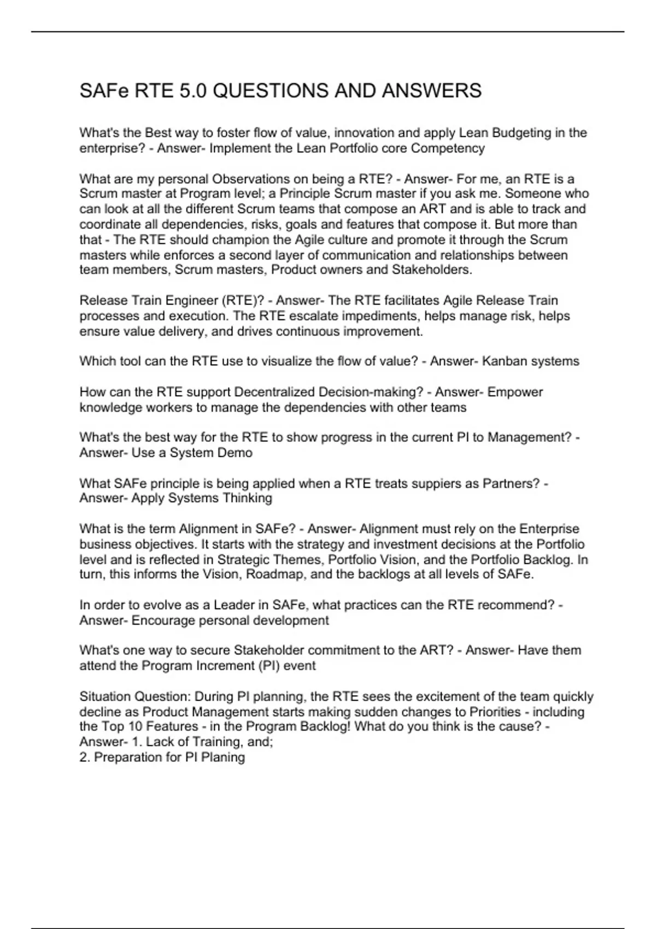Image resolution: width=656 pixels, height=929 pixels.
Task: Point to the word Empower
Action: [x=515, y=392]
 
